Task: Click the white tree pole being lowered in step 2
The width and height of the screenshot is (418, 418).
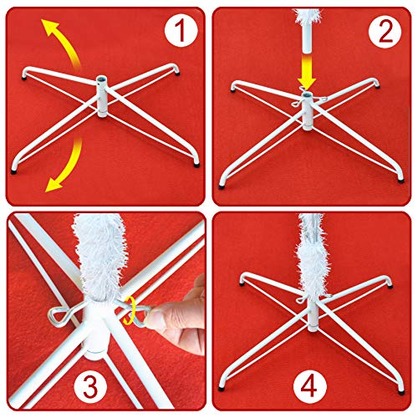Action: point(306,25)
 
